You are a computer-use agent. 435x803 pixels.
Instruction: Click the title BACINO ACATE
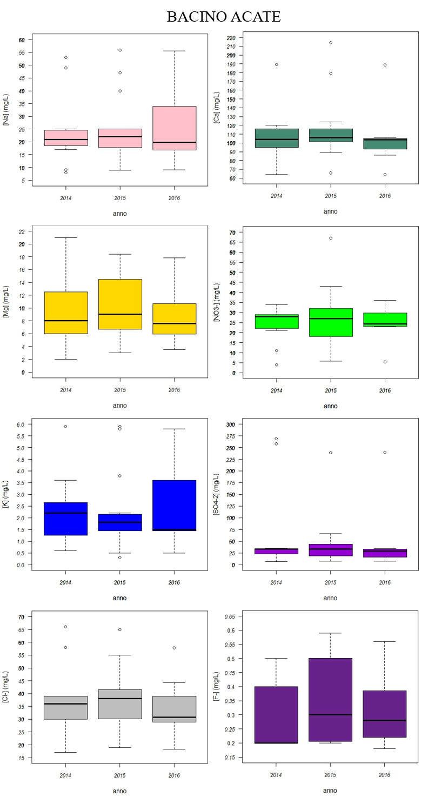[x=223, y=17]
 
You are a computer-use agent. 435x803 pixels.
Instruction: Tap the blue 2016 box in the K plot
[x=174, y=505]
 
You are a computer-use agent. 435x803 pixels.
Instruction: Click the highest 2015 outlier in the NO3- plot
[x=330, y=238]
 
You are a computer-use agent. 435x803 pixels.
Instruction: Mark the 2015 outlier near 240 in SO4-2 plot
[x=330, y=453]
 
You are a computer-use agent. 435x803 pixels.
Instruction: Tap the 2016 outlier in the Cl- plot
[x=174, y=648]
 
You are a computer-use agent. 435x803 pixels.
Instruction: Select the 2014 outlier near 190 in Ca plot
[x=276, y=64]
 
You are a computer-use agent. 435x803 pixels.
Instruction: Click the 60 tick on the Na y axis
[x=22, y=40]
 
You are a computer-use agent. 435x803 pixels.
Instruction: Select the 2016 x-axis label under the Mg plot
[x=174, y=390]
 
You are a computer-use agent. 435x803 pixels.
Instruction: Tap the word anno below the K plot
[x=119, y=598]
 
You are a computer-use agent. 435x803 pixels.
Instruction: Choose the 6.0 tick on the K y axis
[x=21, y=424]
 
